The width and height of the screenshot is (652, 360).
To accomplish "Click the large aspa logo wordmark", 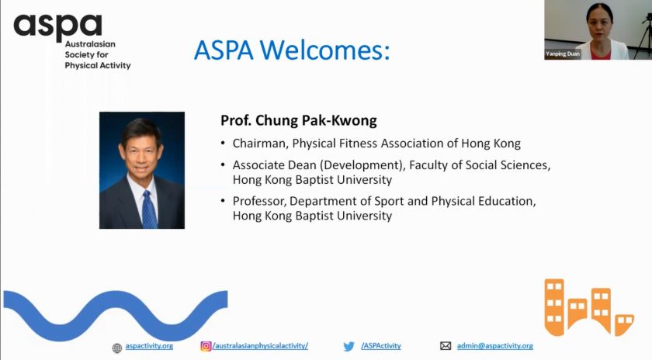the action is click(x=57, y=27).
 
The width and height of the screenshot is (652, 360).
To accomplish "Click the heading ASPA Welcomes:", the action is click(x=292, y=50).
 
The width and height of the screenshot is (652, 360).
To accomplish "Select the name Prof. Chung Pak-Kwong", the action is click(x=299, y=120).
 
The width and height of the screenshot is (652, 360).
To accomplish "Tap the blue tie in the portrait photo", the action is click(x=149, y=209).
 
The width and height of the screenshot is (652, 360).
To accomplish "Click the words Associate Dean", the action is click(x=275, y=165).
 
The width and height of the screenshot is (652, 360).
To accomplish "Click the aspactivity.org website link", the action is click(x=149, y=346).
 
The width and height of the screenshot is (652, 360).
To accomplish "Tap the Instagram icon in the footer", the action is click(x=206, y=346).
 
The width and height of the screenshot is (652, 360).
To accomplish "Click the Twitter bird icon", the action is click(x=349, y=346).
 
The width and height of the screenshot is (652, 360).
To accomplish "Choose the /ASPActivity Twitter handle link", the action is click(x=381, y=346).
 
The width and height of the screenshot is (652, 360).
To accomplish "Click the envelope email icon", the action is click(x=446, y=346).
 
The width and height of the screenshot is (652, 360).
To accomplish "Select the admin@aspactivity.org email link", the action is click(x=495, y=346).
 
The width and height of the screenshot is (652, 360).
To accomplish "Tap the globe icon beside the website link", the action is click(x=117, y=348).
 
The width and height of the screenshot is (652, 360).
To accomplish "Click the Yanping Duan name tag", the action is click(x=563, y=54).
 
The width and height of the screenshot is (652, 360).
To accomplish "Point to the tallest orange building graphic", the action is click(x=555, y=306).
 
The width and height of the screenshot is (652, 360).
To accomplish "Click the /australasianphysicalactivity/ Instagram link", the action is click(x=260, y=346).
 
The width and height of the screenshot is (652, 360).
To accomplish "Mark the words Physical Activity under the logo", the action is click(x=98, y=66).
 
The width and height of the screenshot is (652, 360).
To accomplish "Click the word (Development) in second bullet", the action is click(x=362, y=165).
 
